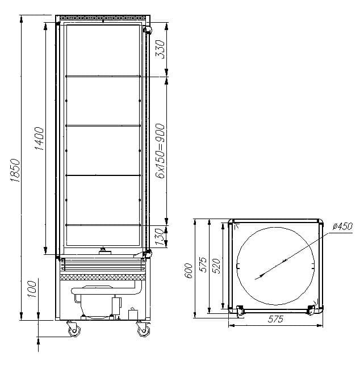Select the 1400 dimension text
(39, 138)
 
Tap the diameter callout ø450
(342, 226)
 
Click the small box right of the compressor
(134, 313)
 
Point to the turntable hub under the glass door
(103, 251)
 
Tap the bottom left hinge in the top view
(238, 309)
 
